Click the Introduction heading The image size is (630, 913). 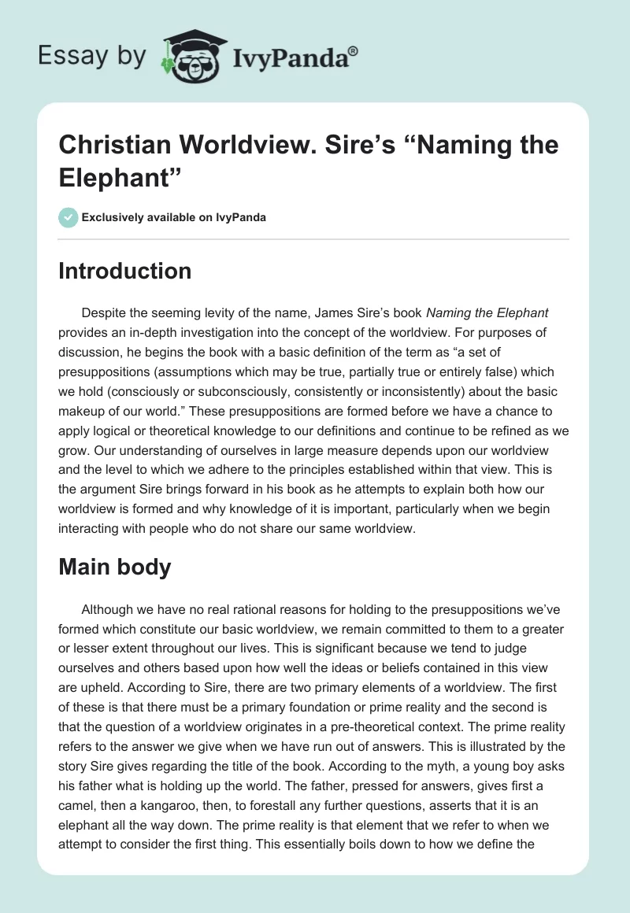click(x=125, y=271)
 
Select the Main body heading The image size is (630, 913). click(x=115, y=567)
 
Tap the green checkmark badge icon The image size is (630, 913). click(x=69, y=217)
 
